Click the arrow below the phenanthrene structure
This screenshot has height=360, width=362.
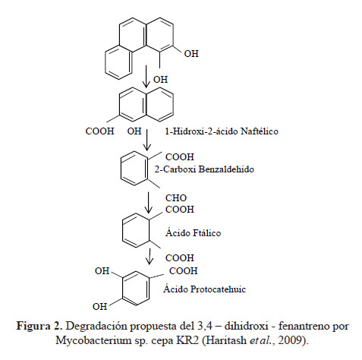tap(146, 76)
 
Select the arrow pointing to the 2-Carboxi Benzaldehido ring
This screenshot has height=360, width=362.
tap(147, 140)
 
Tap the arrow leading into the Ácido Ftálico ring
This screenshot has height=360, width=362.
tap(148, 203)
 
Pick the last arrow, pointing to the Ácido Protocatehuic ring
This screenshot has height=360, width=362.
tap(150, 256)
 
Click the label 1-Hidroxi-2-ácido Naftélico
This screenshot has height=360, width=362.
tap(222, 131)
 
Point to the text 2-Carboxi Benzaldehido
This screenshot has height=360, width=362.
tap(204, 169)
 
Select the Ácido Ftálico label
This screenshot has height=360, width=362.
tap(194, 233)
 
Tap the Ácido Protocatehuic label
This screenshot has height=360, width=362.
tap(204, 289)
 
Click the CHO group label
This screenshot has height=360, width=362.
tap(176, 198)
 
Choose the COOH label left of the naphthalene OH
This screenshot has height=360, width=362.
tap(99, 131)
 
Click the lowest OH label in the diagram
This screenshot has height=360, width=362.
tap(99, 307)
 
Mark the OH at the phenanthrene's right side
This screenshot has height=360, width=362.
tap(191, 54)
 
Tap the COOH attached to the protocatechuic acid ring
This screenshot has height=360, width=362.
tap(184, 271)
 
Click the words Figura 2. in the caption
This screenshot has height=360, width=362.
tap(39, 326)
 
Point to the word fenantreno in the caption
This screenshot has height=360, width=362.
tap(304, 326)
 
